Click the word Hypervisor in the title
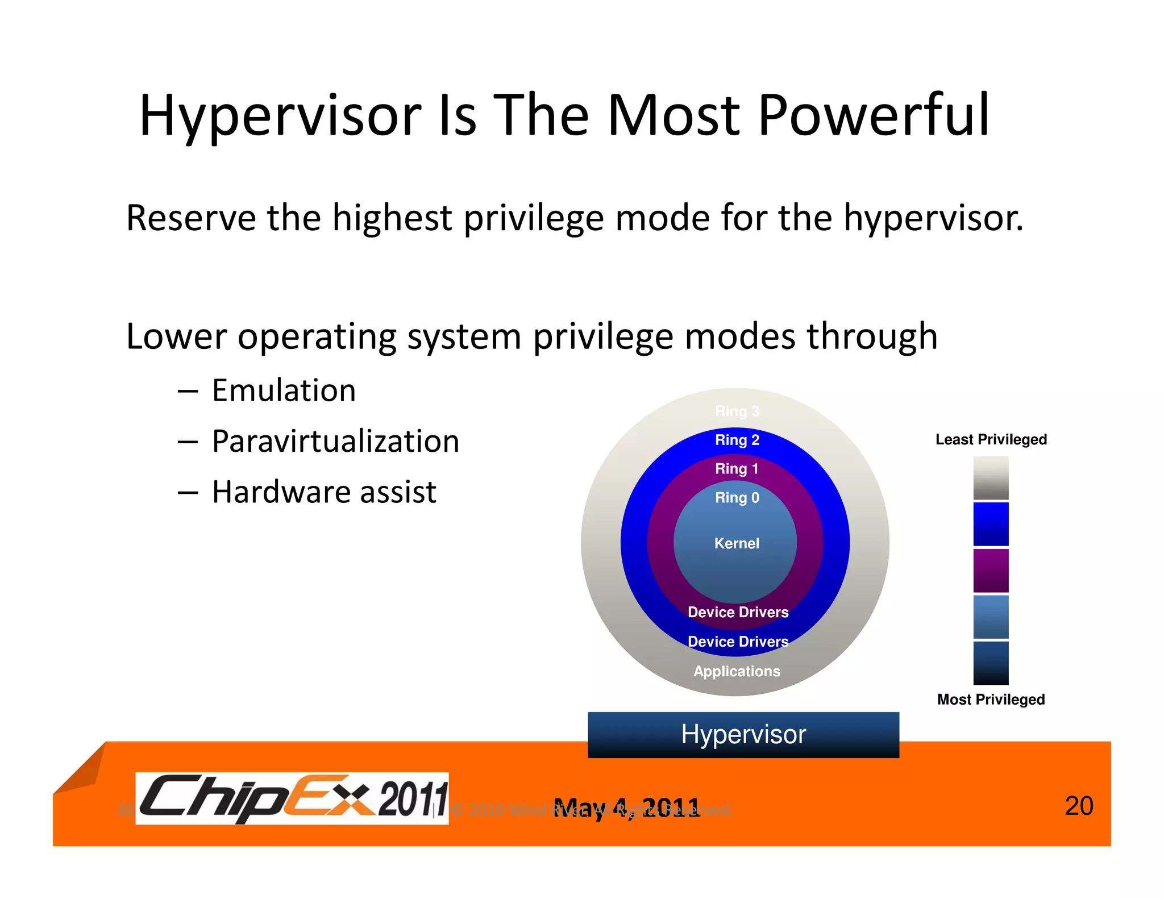280,115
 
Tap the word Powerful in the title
874,115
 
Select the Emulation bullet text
284,391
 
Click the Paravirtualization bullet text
335,442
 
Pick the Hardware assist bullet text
324,492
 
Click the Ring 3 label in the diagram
737,411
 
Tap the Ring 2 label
737,440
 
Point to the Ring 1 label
737,469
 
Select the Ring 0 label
737,498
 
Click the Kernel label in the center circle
737,543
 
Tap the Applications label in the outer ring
737,671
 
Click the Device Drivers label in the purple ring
738,612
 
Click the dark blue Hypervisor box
743,734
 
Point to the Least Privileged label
991,439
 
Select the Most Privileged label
991,699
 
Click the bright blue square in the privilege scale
991,523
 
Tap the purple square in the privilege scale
991,570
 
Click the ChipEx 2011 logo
292,798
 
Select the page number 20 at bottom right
1078,806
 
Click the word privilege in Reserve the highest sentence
533,219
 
